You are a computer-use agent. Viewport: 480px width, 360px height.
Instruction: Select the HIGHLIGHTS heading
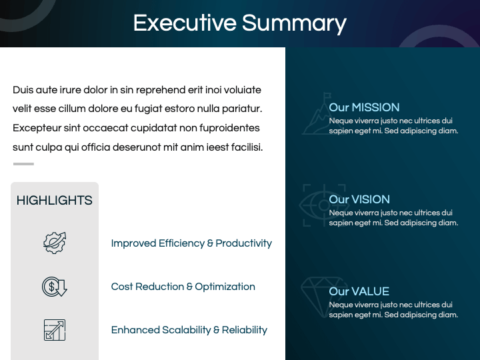(x=55, y=201)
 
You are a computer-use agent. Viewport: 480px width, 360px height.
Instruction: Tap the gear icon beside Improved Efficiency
(x=55, y=243)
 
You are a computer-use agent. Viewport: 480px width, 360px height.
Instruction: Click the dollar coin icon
(x=55, y=287)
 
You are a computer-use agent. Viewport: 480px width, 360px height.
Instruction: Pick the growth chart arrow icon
(x=55, y=330)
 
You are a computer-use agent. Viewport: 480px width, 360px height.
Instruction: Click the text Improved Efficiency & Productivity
(x=191, y=243)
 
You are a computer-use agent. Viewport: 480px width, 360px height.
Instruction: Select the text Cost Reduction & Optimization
(x=183, y=287)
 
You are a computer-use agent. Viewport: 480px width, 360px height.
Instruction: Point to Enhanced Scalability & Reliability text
(x=189, y=330)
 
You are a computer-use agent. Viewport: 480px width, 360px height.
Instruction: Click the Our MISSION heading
(x=364, y=107)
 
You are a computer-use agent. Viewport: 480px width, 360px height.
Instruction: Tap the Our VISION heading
(x=359, y=199)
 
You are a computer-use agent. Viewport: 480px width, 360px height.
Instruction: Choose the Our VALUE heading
(x=359, y=291)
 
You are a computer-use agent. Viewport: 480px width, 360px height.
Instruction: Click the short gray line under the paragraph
(x=23, y=164)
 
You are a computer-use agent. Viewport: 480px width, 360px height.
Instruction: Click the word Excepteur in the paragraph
(x=36, y=128)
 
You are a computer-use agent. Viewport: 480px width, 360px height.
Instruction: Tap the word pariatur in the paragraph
(x=242, y=109)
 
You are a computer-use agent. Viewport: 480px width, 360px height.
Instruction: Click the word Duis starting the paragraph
(x=22, y=90)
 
